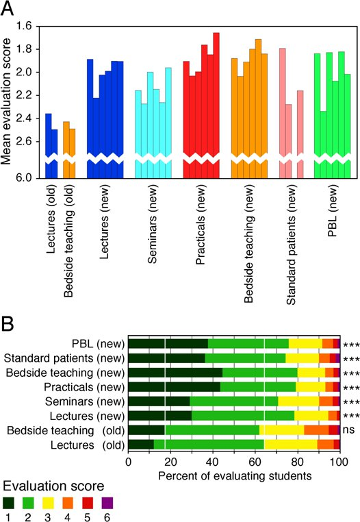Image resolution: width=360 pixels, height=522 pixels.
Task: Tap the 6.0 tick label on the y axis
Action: [x=24, y=178]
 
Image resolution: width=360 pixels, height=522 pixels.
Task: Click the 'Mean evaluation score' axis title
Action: [x=6, y=102]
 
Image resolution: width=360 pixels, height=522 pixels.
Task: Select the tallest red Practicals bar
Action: [x=216, y=105]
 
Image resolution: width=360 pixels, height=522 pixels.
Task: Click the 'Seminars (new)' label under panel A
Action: [x=153, y=224]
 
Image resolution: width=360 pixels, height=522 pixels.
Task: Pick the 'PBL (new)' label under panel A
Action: [x=333, y=210]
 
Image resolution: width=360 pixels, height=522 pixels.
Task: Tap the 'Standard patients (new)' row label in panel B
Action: [x=64, y=358]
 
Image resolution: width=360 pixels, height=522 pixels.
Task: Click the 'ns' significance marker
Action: [x=348, y=430]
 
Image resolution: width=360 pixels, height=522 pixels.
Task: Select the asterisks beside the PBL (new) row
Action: [x=351, y=345]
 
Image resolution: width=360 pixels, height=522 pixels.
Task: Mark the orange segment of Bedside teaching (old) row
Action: [x=316, y=430]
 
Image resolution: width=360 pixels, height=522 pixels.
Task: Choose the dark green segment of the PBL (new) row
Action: [x=168, y=344]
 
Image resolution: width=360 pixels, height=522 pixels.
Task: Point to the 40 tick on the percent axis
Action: [x=213, y=462]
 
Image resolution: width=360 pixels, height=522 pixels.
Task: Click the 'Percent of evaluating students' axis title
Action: [x=235, y=475]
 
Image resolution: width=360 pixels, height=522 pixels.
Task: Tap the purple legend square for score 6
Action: [x=107, y=503]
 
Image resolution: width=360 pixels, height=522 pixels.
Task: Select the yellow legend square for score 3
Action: [x=48, y=503]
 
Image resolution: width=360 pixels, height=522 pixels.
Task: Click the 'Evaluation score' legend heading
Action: [x=53, y=486]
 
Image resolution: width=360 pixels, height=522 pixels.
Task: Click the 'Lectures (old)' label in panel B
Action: [x=88, y=445]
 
